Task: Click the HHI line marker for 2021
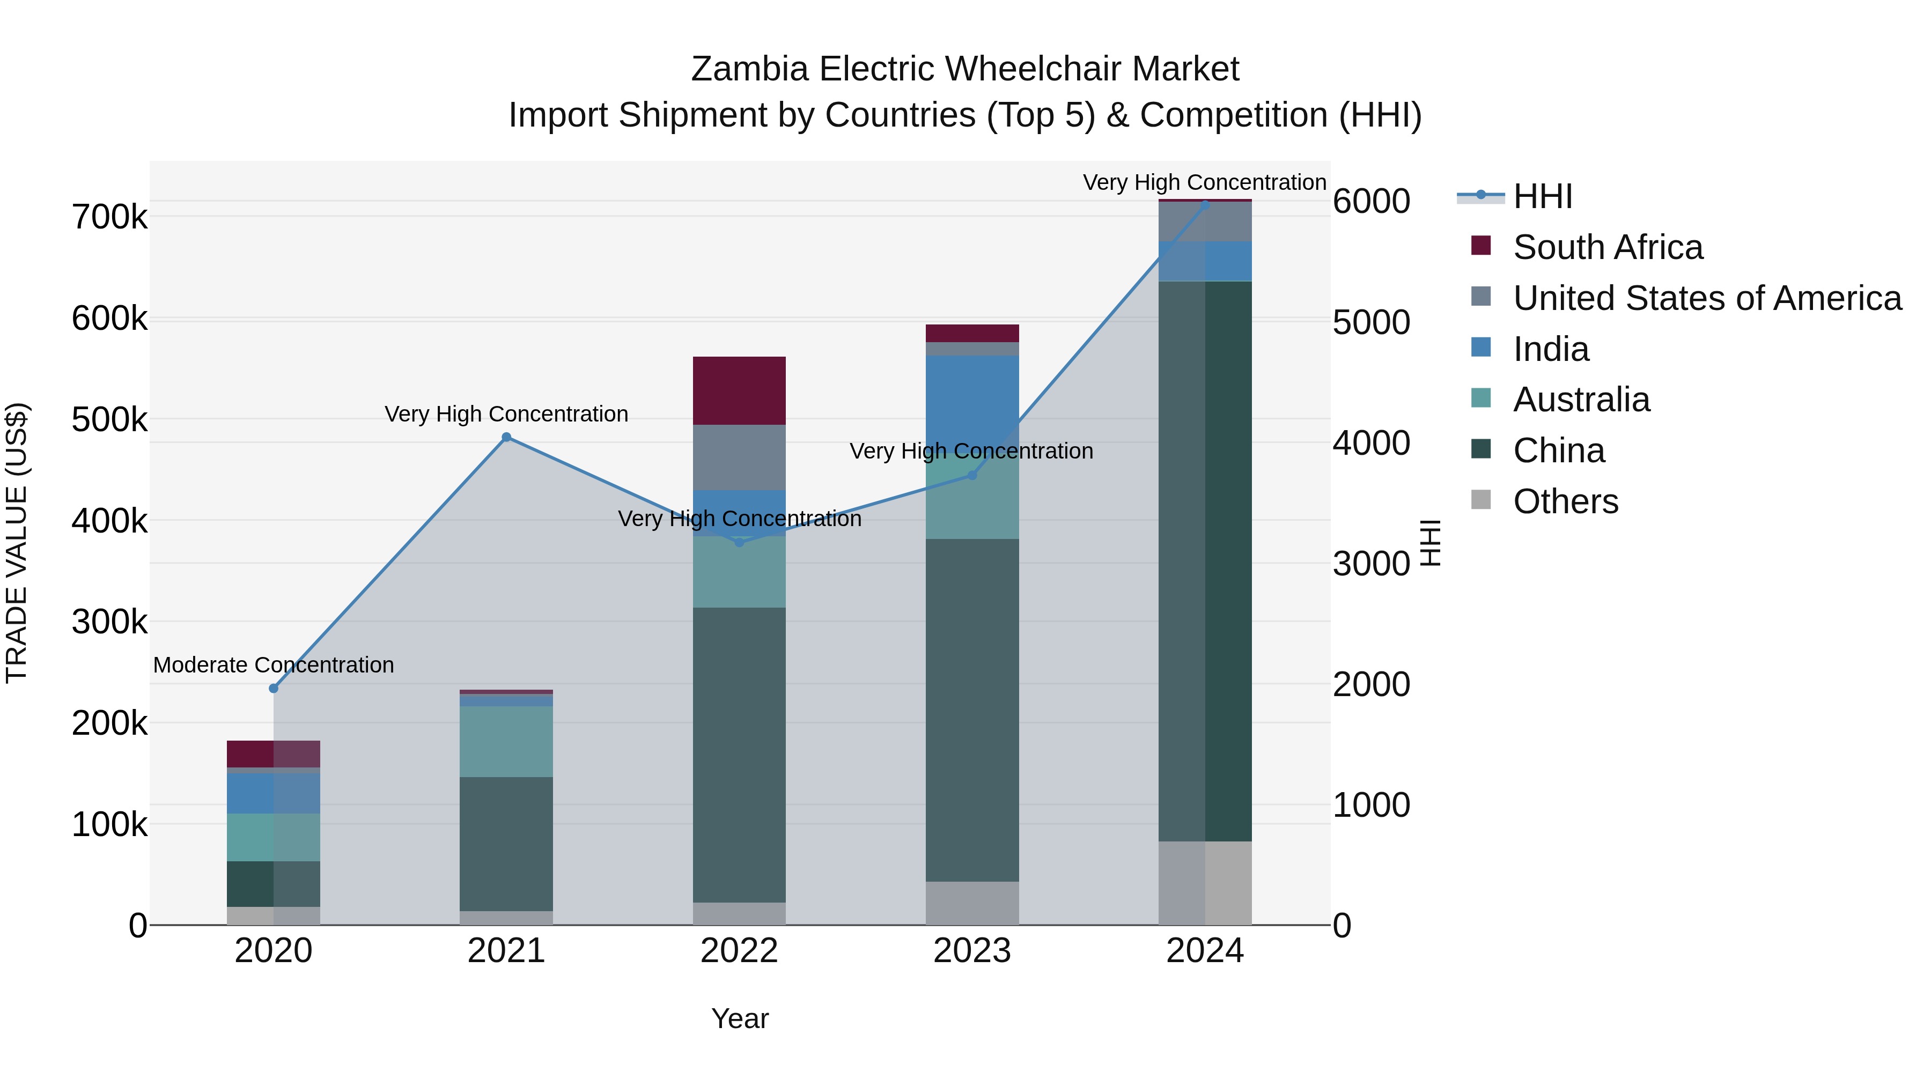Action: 506,437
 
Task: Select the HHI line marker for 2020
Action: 274,688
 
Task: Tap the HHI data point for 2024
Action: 1205,204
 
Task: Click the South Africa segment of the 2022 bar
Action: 739,390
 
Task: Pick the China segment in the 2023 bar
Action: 972,709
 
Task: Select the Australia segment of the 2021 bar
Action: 506,741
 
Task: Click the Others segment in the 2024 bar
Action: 1205,882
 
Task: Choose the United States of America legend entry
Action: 1707,298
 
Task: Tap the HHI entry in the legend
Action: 1542,196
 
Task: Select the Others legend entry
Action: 1565,501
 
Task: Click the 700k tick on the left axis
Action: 109,217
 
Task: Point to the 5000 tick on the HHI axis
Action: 1371,322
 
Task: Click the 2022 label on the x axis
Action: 739,951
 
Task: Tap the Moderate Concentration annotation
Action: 274,665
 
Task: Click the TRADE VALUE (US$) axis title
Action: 17,543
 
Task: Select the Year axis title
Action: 739,1018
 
